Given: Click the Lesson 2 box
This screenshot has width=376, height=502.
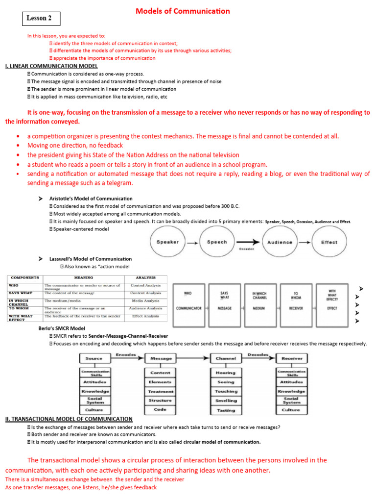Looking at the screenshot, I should [41, 19].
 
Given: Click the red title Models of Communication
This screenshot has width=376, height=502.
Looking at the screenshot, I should [182, 11].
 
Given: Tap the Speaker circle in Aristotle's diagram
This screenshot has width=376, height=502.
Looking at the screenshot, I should [167, 242].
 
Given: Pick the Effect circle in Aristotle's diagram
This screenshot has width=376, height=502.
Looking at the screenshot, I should [329, 242].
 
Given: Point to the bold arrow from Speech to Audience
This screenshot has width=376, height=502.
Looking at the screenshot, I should [247, 242].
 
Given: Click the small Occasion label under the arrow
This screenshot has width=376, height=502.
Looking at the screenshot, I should [247, 249].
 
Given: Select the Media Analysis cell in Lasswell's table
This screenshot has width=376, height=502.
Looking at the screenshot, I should [145, 301].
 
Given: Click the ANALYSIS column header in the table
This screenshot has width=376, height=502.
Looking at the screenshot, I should [145, 277].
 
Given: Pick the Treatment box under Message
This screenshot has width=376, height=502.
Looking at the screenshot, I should [161, 391].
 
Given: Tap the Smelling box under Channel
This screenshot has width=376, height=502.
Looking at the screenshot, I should [226, 401].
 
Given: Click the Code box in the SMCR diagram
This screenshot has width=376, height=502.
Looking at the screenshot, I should [161, 409].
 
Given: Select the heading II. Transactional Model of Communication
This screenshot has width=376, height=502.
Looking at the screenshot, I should [69, 419].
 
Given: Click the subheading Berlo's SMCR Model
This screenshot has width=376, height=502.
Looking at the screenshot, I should [62, 328].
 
